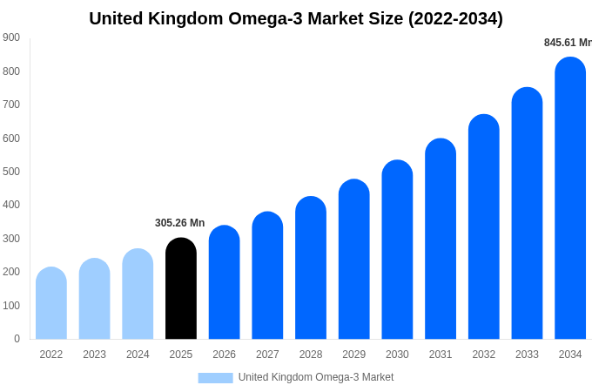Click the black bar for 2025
point(181,288)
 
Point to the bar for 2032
point(484,227)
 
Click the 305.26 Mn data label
point(179,223)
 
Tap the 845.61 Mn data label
point(567,43)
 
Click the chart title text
point(296,18)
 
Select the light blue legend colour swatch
point(215,377)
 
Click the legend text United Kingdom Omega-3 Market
point(316,377)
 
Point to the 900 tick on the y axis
point(11,37)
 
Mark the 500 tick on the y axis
point(11,172)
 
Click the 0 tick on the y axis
point(17,339)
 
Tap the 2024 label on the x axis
point(138,355)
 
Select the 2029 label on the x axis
point(353,355)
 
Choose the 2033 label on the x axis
point(527,355)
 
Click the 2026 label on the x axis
point(224,355)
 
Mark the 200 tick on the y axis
point(11,272)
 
